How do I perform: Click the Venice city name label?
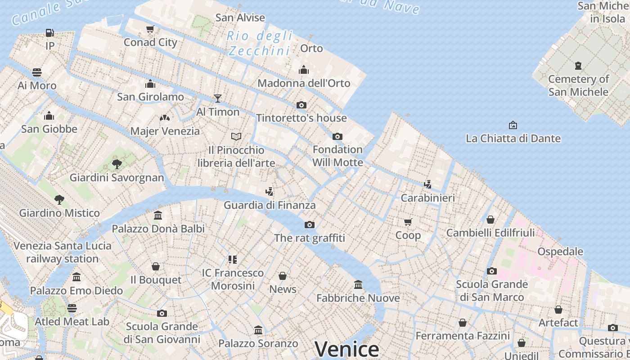point(346,349)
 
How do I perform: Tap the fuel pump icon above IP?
point(49,33)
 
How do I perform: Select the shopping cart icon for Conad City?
point(150,29)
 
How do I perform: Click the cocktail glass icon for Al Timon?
point(218,98)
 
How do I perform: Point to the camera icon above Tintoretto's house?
point(301,105)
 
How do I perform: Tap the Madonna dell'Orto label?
point(304,83)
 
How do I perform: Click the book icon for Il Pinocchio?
point(236,136)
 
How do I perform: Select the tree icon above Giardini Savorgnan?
point(117,164)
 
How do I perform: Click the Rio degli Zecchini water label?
point(259,43)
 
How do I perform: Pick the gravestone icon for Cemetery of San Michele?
point(578,66)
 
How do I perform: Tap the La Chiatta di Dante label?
point(513,138)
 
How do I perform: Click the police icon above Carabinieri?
point(427,184)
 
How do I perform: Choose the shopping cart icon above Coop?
point(408,222)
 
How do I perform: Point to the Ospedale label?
point(560,252)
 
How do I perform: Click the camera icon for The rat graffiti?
point(310,225)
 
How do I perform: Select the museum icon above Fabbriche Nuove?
point(358,284)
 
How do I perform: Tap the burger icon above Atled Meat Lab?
point(72,308)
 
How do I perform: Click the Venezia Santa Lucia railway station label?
point(63,252)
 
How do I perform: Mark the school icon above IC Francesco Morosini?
point(233,259)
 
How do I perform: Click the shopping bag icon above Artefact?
point(558,310)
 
